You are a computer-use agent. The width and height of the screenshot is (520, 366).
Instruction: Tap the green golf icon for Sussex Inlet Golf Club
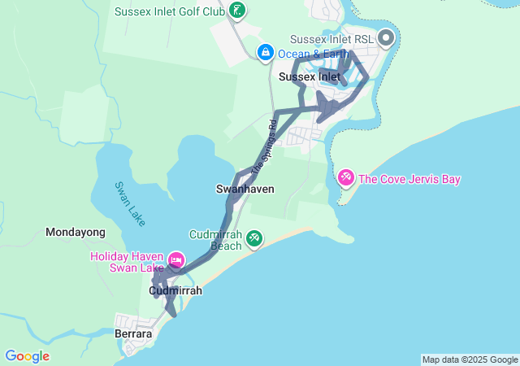point(236,11)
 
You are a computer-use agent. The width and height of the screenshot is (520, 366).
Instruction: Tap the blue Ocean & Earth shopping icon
point(265,53)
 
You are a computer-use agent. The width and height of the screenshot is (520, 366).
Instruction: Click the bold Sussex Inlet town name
point(309,76)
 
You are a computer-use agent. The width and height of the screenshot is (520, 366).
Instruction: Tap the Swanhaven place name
point(245,189)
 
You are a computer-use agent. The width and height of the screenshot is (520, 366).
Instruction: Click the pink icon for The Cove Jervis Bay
point(345,177)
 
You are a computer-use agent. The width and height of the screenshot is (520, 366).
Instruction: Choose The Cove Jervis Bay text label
point(409,179)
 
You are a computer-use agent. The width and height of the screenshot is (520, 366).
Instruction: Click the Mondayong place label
point(76,232)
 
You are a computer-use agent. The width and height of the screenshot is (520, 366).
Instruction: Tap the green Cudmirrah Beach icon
point(255,237)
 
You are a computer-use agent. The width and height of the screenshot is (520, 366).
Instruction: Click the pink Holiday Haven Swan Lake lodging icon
point(176,260)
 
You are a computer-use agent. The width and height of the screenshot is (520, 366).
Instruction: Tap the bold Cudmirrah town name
point(175,290)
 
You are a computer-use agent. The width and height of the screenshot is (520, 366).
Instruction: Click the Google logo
point(27,356)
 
